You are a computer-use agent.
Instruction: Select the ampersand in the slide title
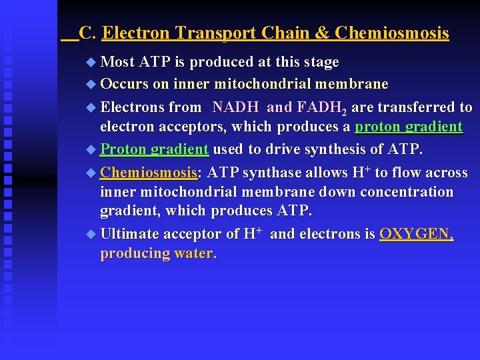[x=323, y=33]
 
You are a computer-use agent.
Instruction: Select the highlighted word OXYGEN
[x=415, y=234]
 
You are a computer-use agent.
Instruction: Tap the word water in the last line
[x=195, y=254]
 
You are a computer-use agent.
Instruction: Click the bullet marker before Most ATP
[x=91, y=63]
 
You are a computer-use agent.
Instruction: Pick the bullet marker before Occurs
[x=91, y=85]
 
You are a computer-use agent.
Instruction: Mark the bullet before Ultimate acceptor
[x=91, y=235]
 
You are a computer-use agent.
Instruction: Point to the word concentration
[x=404, y=192]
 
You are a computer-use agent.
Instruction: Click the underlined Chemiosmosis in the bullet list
[x=149, y=173]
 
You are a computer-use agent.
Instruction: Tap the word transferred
[x=417, y=107]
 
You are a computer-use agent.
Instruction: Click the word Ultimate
[x=131, y=234]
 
